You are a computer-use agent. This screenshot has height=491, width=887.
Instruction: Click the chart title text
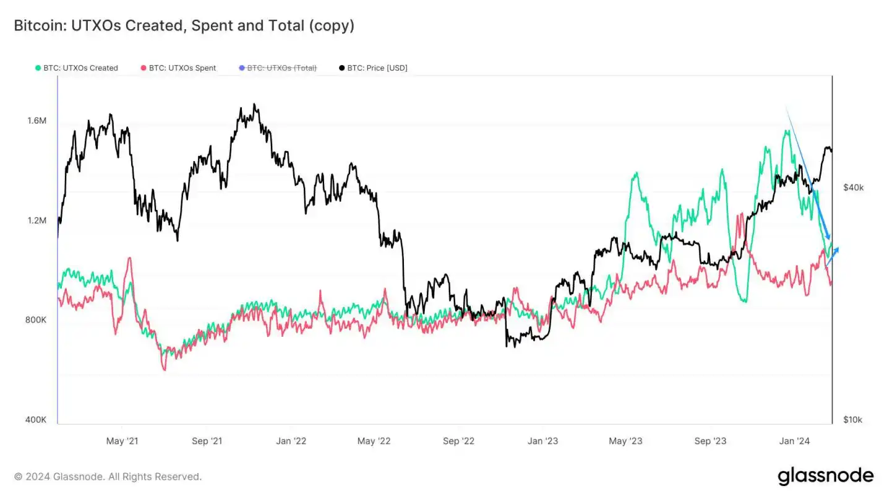(184, 26)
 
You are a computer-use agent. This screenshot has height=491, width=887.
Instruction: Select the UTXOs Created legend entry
(77, 68)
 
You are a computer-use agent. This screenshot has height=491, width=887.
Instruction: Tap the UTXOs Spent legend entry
(179, 68)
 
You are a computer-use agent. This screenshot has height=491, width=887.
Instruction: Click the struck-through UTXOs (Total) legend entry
(278, 68)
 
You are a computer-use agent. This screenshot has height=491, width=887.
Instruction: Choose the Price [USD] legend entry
(374, 68)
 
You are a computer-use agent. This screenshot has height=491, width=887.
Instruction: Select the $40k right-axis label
(853, 188)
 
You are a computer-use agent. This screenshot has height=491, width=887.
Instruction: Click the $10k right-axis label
(852, 420)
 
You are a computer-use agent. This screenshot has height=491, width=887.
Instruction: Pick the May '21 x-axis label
(122, 441)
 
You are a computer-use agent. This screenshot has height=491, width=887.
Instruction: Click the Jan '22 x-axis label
(291, 441)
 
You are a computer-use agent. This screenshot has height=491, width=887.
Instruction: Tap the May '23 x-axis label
(626, 441)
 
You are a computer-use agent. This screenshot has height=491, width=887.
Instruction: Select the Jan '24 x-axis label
(794, 441)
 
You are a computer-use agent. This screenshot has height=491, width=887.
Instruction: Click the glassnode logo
(825, 476)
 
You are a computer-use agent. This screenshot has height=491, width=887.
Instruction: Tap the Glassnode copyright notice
(108, 477)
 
